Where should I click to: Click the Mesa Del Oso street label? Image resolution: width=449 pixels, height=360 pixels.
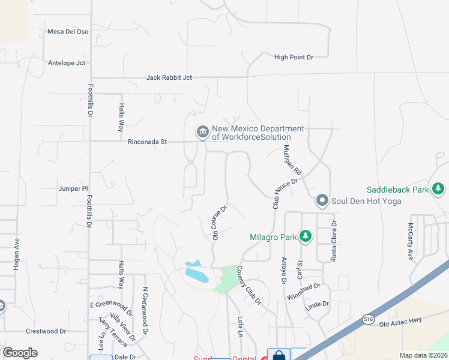(68, 31)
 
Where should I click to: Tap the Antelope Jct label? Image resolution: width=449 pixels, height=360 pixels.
(68, 62)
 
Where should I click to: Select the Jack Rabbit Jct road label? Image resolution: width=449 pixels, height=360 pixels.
(169, 78)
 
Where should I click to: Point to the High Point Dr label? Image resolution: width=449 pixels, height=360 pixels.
(294, 58)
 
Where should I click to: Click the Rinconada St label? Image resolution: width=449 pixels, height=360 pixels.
(147, 142)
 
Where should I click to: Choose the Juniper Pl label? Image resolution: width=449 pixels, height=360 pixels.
(73, 188)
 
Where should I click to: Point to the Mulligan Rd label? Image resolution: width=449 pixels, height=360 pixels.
(292, 160)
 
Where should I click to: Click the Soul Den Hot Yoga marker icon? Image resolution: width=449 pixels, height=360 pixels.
(322, 200)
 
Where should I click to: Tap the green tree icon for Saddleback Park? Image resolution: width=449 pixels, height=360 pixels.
(439, 190)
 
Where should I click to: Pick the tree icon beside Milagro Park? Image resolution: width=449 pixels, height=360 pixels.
(306, 236)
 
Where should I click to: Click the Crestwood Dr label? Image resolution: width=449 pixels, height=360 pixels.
(46, 331)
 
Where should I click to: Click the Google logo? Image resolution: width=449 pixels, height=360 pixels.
(20, 353)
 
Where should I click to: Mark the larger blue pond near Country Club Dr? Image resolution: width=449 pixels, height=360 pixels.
(197, 275)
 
